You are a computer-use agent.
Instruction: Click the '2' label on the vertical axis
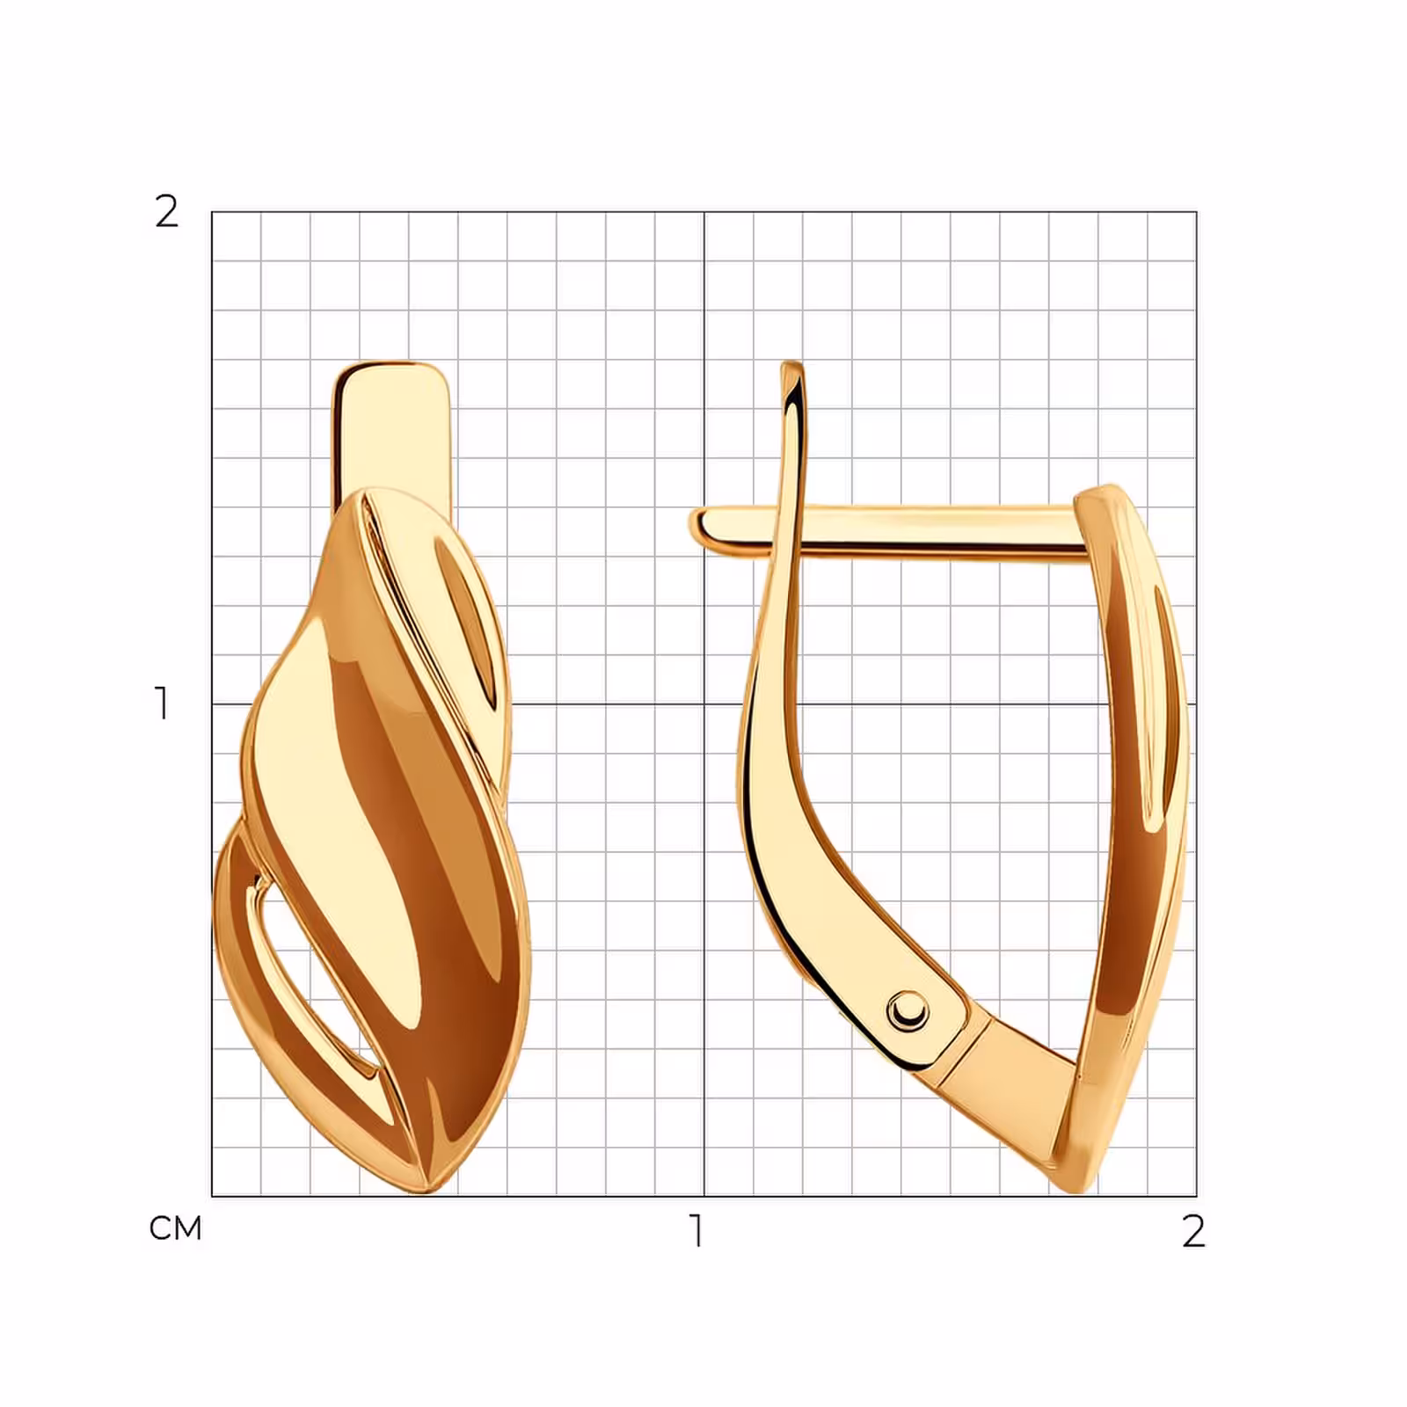point(166,212)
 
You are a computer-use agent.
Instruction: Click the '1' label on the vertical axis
point(162,703)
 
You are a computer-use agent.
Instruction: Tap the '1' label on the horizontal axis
point(697,1231)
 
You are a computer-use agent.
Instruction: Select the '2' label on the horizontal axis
point(1193,1231)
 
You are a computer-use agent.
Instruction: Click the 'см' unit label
point(176,1228)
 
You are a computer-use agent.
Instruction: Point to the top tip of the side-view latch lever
point(792,363)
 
